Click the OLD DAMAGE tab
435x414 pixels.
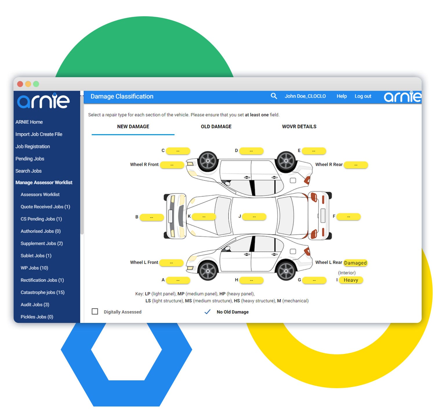click(216, 126)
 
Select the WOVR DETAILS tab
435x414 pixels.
click(299, 126)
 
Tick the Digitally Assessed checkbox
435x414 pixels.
click(95, 311)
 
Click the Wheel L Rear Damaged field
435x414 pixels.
click(355, 263)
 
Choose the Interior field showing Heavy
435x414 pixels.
click(351, 280)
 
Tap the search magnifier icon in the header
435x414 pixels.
click(273, 96)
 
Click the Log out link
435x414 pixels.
click(363, 96)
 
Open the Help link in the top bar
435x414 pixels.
click(341, 96)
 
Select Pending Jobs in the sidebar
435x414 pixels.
click(30, 159)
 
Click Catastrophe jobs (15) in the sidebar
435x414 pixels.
click(42, 292)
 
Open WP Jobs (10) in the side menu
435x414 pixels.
click(34, 268)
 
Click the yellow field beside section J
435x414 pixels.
click(254, 217)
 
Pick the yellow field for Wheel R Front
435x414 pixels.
click(172, 165)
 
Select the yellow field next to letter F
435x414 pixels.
click(349, 217)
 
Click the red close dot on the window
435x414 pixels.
click(20, 84)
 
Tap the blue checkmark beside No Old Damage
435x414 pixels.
click(207, 312)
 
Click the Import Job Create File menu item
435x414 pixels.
click(39, 134)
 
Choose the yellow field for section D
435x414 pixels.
click(251, 151)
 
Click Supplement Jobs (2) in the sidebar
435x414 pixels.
click(41, 243)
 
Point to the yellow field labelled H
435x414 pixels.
click(251, 280)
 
